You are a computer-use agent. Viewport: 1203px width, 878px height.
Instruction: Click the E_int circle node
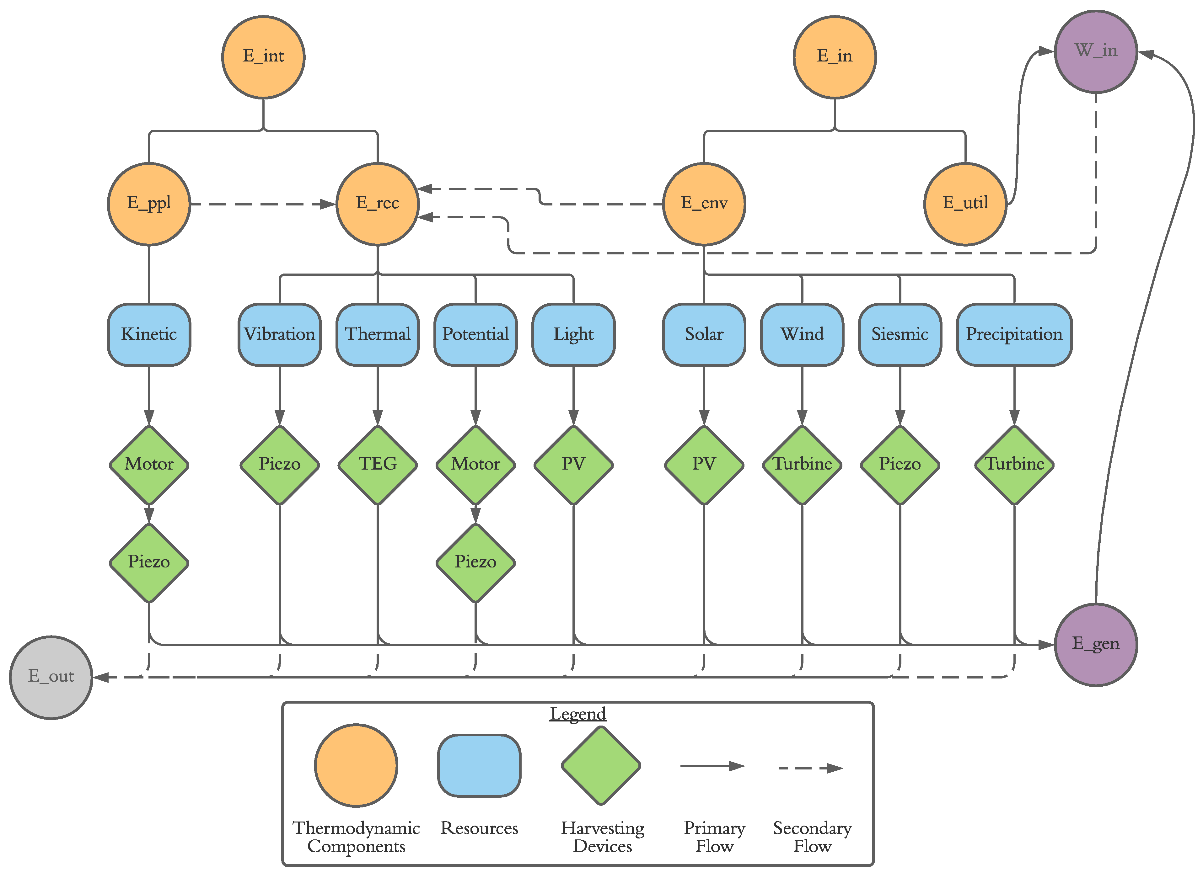coord(263,57)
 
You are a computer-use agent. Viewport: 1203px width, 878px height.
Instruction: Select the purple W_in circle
coord(1096,51)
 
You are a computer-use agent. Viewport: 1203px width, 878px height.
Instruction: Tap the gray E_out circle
coord(51,677)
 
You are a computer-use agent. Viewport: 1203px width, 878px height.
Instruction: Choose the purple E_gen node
coord(1096,644)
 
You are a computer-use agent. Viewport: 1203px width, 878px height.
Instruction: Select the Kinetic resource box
coord(149,334)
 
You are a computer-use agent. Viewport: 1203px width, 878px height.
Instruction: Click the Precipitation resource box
coord(1014,334)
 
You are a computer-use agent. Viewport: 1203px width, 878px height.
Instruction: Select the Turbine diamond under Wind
coord(802,465)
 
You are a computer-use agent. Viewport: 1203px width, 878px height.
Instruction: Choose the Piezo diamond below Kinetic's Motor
coord(149,562)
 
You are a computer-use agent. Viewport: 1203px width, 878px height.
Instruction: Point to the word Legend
coord(577,713)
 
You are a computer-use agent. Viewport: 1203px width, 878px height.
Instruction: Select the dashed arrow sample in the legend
coord(810,768)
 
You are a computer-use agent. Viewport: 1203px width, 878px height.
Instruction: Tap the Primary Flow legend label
coord(714,837)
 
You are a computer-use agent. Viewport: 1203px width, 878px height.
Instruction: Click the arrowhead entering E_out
coord(100,677)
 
